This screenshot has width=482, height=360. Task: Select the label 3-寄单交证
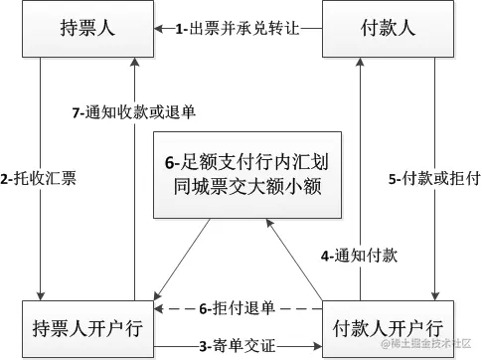[x=238, y=346]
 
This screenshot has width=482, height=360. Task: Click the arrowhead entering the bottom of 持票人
[x=135, y=63]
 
